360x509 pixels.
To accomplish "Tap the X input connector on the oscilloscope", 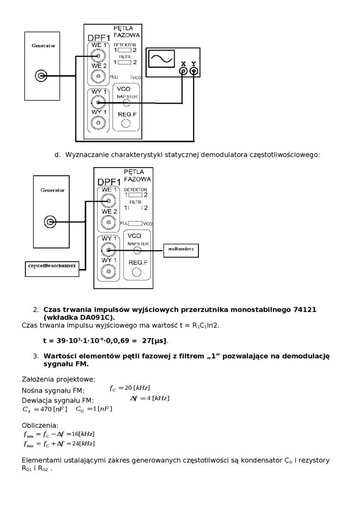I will click(x=183, y=71).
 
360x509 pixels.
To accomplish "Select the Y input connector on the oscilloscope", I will click(x=193, y=71).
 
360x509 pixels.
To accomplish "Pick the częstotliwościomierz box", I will click(x=52, y=267).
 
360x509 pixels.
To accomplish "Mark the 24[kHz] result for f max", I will click(x=80, y=444).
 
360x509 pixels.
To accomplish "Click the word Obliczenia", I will click(x=40, y=425).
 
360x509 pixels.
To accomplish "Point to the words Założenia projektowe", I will click(x=58, y=379).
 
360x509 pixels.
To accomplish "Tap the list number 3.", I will click(x=36, y=356).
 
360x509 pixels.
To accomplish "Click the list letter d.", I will click(x=57, y=155).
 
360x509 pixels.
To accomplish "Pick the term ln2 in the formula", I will click(x=213, y=325).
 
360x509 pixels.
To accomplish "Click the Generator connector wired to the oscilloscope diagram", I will click(x=42, y=76).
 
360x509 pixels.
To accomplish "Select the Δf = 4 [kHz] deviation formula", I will click(x=149, y=398).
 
